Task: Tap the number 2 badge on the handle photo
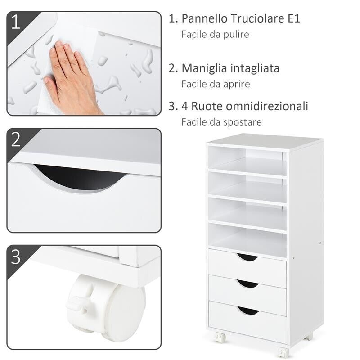coord(16,139)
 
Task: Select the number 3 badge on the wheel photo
coord(16,257)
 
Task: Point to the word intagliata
coord(255,68)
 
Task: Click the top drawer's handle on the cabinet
coord(247,257)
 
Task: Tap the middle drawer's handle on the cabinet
coord(247,284)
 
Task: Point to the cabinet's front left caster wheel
coord(220,337)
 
